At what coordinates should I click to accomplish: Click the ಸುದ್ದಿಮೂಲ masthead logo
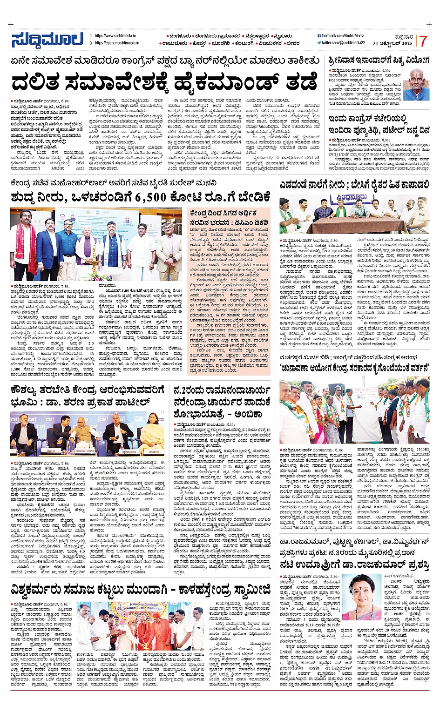pos(47,40)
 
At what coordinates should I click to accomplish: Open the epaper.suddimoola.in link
pos(116,43)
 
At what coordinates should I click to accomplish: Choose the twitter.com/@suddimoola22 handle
pos(343,43)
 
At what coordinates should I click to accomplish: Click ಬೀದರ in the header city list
pos(293,43)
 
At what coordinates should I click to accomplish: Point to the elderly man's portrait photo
pos(416,85)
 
